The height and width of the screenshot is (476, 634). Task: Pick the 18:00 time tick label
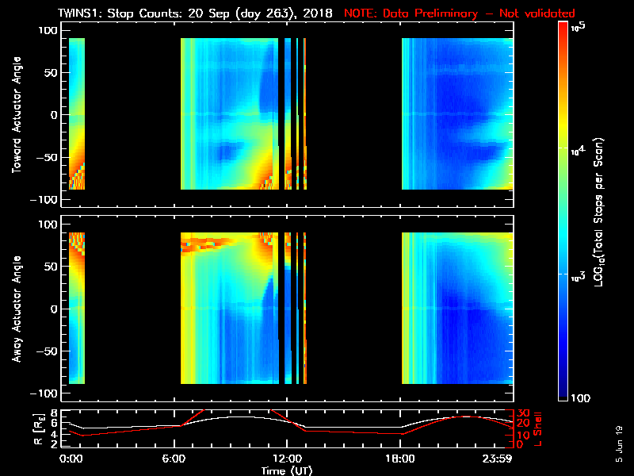(x=400, y=458)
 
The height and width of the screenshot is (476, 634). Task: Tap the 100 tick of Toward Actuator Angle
(x=49, y=30)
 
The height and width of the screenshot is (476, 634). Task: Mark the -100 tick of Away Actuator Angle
(x=46, y=394)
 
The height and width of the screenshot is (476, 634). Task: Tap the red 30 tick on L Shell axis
(x=522, y=413)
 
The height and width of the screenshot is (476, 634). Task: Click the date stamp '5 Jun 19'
(x=618, y=443)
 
